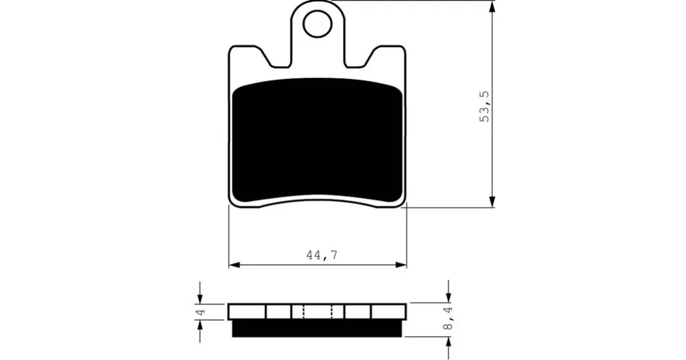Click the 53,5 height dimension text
(x=485, y=107)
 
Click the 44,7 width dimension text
(x=322, y=256)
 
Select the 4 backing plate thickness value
(x=201, y=312)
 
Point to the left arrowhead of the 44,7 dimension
(x=235, y=265)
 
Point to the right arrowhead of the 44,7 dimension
(x=401, y=265)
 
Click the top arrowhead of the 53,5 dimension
(x=492, y=7)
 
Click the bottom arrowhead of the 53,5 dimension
(x=492, y=201)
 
